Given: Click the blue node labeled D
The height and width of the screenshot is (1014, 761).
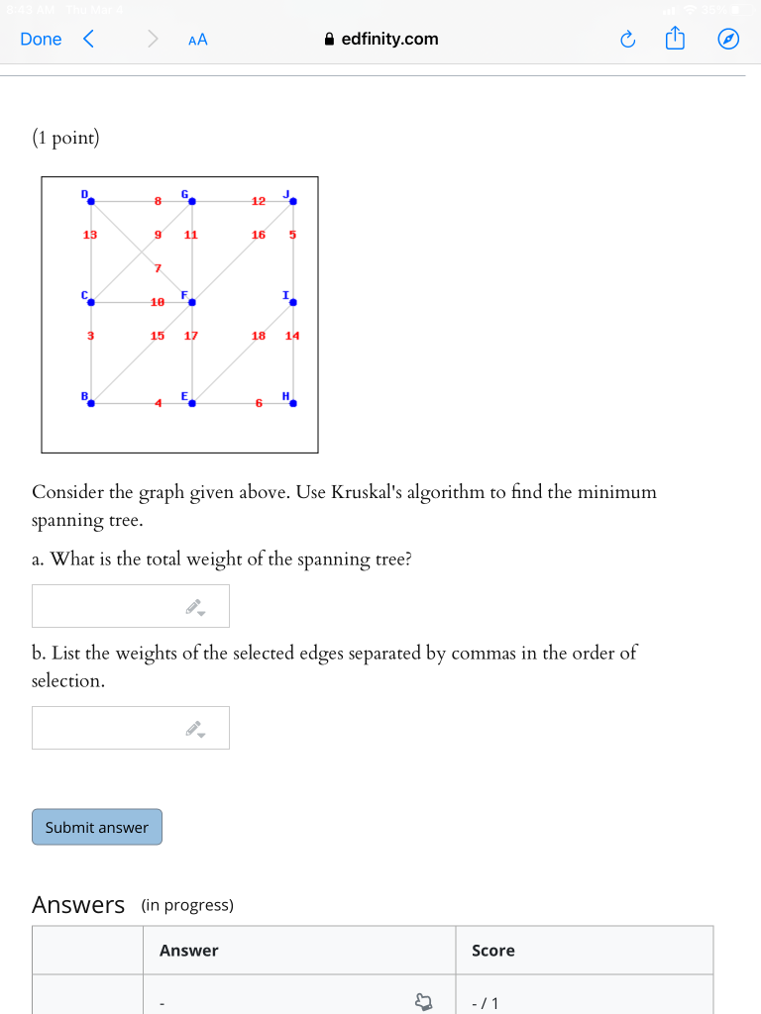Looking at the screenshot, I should coord(91,201).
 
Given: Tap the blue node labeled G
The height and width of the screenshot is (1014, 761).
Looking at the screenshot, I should coord(192,201).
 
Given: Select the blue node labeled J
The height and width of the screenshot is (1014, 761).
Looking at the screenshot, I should coord(293,201).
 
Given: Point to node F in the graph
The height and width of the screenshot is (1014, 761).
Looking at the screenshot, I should coord(192,302).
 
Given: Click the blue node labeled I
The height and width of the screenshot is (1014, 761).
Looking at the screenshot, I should coord(293,302).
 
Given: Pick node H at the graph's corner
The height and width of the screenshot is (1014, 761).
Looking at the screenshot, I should coord(293,403).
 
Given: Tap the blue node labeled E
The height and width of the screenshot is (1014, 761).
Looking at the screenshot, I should coord(192,403).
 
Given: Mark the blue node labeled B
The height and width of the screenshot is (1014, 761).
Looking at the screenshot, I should coord(91,403).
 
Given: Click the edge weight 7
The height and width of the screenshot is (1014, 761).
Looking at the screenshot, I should coord(157,268).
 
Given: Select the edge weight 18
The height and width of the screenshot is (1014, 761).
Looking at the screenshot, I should coord(259,336).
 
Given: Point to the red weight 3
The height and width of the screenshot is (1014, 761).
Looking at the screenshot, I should coord(90,336).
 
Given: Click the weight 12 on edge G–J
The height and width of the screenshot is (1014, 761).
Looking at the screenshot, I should coord(259,201).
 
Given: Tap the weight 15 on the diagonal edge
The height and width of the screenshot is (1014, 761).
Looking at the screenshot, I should coord(158,336).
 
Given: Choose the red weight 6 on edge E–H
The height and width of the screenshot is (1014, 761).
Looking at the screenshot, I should coord(259,403).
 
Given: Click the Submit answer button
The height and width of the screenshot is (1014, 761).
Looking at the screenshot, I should coord(97,827).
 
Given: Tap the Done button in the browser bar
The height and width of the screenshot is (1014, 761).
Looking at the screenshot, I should coord(41,40).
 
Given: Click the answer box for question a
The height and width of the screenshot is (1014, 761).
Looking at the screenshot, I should coord(130,606).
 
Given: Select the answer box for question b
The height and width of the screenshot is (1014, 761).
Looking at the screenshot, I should coord(130,728).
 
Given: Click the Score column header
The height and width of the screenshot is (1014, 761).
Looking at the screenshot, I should coord(493,951).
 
